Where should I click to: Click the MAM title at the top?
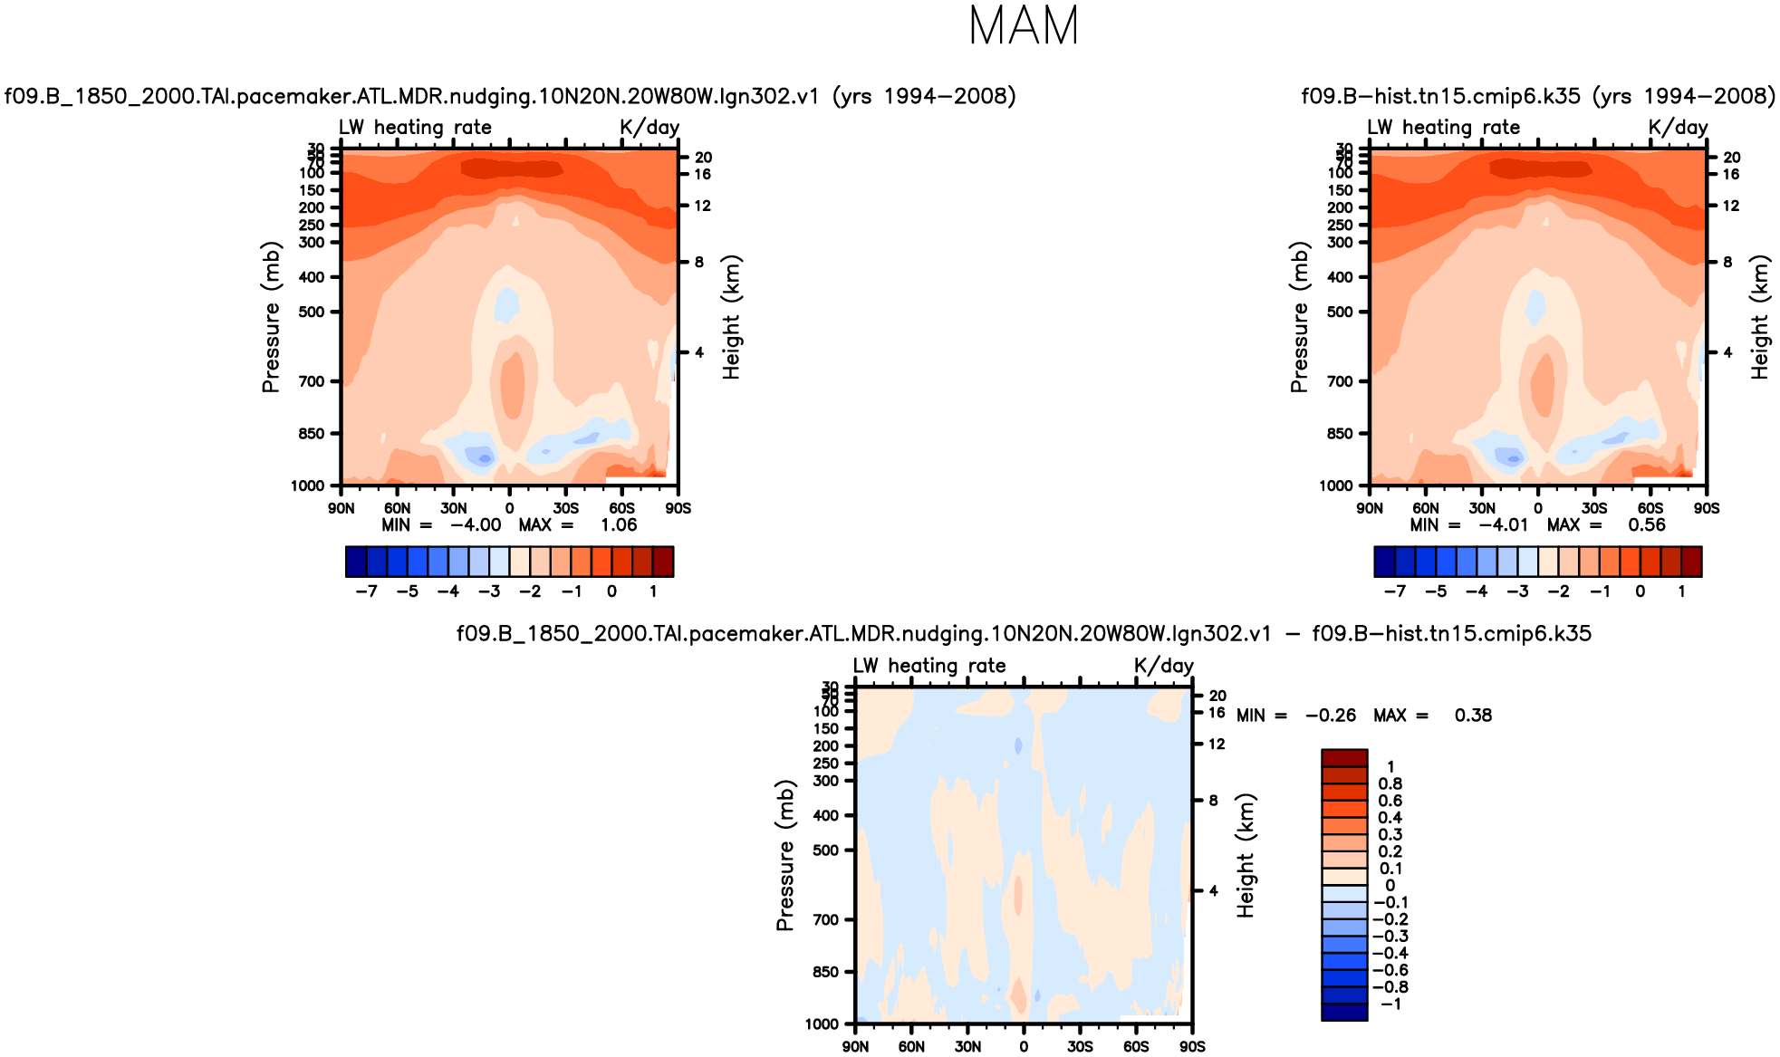(1024, 26)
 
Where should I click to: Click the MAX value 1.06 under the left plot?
(619, 525)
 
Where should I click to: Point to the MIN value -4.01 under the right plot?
(1503, 525)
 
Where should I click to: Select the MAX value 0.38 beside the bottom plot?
(1473, 716)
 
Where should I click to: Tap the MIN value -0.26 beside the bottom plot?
(1330, 716)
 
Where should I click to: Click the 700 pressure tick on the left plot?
(312, 381)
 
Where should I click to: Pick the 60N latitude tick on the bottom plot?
(911, 1047)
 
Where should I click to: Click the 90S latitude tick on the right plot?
(1707, 508)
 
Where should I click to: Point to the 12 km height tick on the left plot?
(703, 206)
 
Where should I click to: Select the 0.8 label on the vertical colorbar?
(1390, 783)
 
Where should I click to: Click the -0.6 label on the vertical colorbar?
(1390, 970)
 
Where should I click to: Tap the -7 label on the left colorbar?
(366, 591)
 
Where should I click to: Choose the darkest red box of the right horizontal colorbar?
(1691, 562)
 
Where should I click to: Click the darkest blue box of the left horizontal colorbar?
(356, 562)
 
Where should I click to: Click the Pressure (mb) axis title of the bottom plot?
(784, 855)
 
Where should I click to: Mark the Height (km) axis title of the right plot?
(1760, 317)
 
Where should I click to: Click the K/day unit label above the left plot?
(649, 127)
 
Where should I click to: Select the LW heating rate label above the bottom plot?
(928, 666)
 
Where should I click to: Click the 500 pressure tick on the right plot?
(1340, 312)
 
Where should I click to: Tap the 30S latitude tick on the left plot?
(565, 508)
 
